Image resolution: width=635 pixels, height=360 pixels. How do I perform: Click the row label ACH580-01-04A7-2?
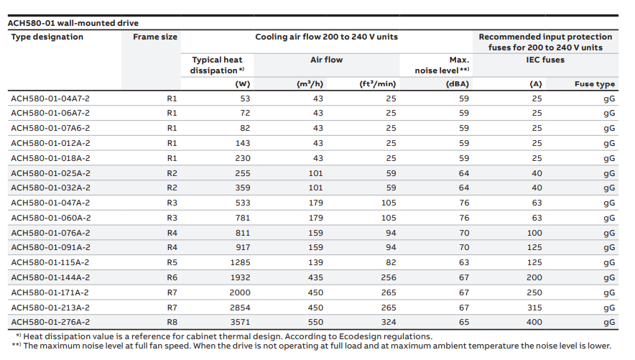point(50,98)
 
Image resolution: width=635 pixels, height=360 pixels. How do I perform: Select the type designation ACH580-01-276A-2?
point(50,323)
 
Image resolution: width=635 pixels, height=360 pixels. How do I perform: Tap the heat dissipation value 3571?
point(240,323)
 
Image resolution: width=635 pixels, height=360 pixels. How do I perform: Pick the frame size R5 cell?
point(172,262)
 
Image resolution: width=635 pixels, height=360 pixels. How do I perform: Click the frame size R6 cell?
point(172,277)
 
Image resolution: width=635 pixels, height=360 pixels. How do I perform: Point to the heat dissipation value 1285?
point(240,262)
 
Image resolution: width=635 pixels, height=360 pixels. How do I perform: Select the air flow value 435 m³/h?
point(315,277)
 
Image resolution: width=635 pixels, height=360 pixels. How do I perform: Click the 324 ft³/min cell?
point(389,323)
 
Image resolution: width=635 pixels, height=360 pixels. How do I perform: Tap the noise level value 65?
point(464,323)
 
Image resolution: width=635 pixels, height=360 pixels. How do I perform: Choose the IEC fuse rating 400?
point(534,323)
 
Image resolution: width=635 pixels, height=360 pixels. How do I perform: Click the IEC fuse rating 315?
point(534,308)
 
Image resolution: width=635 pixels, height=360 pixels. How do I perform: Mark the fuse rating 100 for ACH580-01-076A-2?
point(534,233)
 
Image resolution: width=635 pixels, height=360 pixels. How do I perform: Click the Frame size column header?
point(155,37)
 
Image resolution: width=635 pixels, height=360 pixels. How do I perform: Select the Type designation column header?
point(47,37)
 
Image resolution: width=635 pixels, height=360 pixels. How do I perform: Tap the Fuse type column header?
point(595,84)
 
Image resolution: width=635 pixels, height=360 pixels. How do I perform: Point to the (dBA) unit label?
point(458,84)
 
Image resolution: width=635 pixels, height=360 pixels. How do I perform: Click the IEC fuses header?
point(545,60)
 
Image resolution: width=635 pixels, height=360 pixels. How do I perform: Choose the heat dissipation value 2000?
point(240,292)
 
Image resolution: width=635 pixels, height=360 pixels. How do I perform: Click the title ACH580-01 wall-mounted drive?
point(73,23)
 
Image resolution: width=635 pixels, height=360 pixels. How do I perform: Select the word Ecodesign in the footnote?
point(358,336)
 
